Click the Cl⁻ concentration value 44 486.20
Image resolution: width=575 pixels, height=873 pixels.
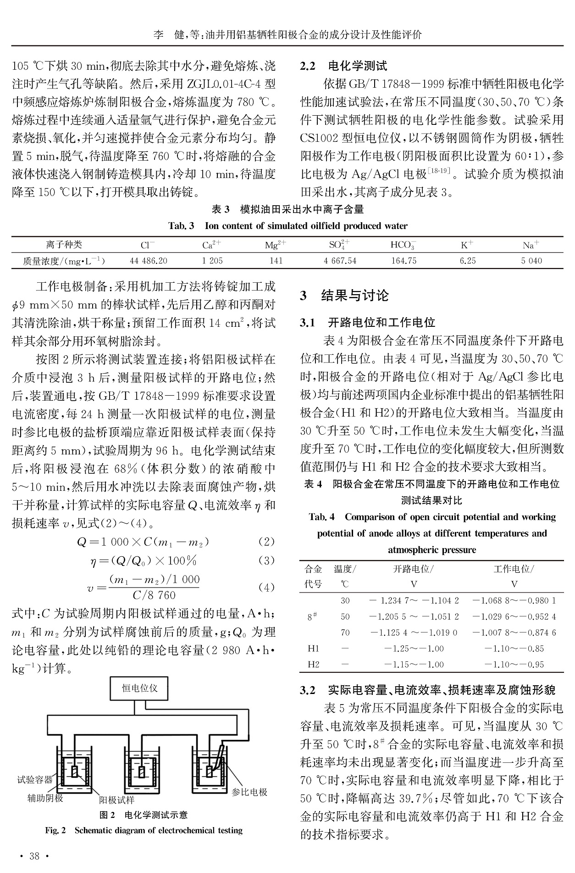[148, 261]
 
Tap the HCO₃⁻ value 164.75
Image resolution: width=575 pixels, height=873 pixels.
[404, 261]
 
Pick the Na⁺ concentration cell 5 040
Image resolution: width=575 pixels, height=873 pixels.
[531, 261]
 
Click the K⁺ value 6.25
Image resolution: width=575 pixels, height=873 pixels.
[468, 261]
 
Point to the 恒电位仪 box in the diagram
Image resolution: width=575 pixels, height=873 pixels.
[139, 688]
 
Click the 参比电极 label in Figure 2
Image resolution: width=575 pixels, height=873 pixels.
[249, 792]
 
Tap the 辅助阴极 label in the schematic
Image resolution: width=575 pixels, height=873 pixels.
[45, 798]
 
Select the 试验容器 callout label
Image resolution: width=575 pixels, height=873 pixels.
[35, 779]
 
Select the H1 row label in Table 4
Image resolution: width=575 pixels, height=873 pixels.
[313, 649]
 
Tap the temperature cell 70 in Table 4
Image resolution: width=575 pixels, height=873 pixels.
[345, 632]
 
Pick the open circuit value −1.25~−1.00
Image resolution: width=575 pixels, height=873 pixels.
[414, 649]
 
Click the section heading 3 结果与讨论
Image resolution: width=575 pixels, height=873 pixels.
[344, 296]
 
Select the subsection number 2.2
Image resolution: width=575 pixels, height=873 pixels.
[308, 66]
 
